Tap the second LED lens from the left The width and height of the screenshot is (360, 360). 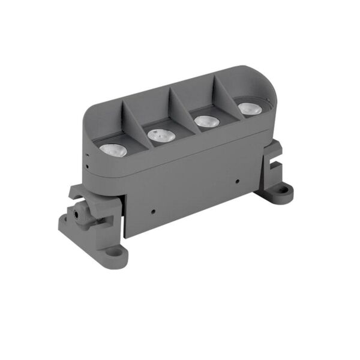click(161, 136)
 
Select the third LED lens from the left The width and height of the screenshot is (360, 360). click(206, 121)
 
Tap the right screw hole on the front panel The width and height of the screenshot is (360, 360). click(238, 180)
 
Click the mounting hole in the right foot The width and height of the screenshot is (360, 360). click(281, 193)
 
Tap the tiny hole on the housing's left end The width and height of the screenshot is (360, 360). click(86, 160)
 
